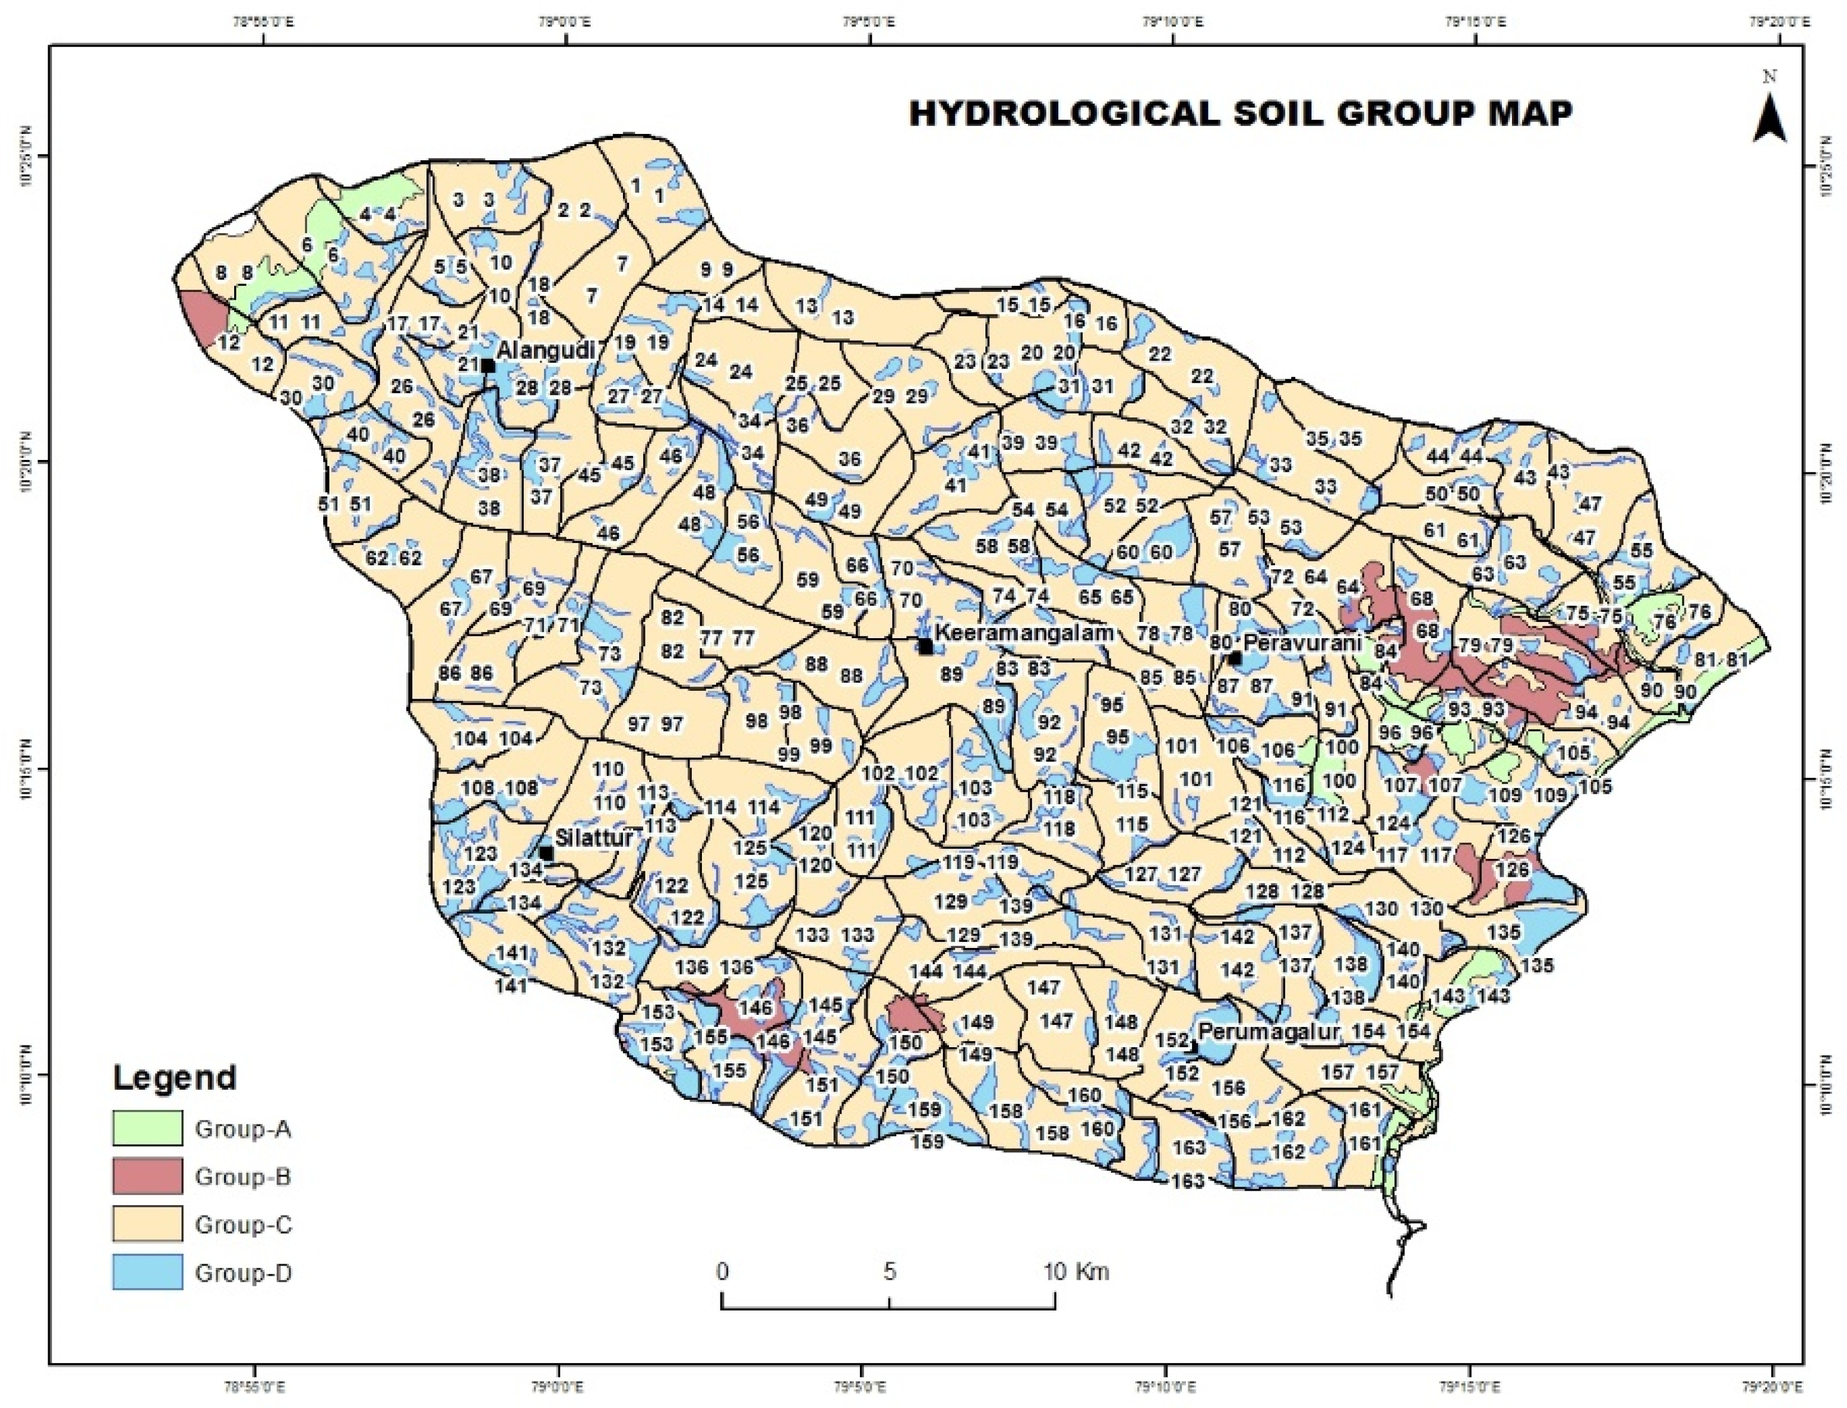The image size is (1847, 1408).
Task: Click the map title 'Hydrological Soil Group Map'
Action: pyautogui.click(x=1240, y=113)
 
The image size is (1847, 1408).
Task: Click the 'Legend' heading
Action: pyautogui.click(x=174, y=1077)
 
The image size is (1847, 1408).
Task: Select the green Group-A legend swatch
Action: pyautogui.click(x=147, y=1128)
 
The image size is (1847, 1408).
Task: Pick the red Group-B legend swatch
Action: pyautogui.click(x=147, y=1176)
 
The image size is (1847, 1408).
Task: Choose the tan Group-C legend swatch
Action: pyautogui.click(x=147, y=1224)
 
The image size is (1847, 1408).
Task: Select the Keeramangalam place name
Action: pyautogui.click(x=1024, y=632)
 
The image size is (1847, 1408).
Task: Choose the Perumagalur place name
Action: pyautogui.click(x=1269, y=1030)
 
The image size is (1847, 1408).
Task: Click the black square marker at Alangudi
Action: pyautogui.click(x=488, y=365)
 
